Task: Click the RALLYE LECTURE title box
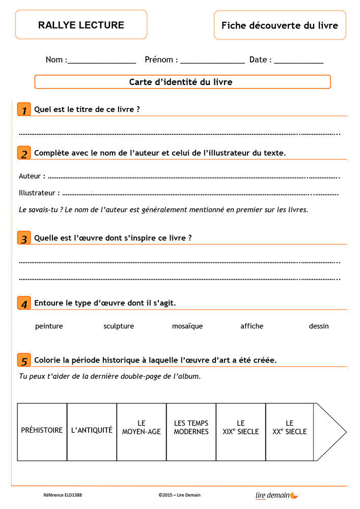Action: pyautogui.click(x=81, y=25)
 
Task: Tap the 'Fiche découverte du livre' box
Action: pyautogui.click(x=280, y=25)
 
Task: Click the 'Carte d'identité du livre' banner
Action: pyautogui.click(x=182, y=82)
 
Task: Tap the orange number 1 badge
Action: pyautogui.click(x=23, y=109)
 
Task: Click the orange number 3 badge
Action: pyautogui.click(x=23, y=238)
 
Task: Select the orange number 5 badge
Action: pyautogui.click(x=23, y=360)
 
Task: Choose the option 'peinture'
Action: pyautogui.click(x=49, y=326)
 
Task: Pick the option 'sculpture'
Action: pyautogui.click(x=119, y=326)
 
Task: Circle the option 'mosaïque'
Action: pyautogui.click(x=187, y=326)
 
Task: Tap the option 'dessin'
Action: pyautogui.click(x=319, y=326)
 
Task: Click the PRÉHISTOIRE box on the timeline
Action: pyautogui.click(x=42, y=432)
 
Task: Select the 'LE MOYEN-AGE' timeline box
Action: pyautogui.click(x=142, y=432)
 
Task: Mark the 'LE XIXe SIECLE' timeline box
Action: pyautogui.click(x=241, y=432)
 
